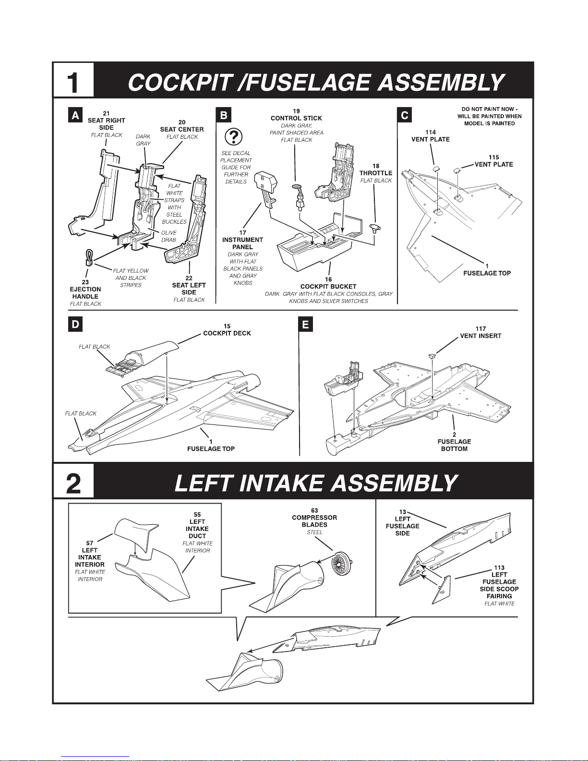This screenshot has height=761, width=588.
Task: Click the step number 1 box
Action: (x=73, y=80)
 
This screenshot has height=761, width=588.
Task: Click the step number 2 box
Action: (x=73, y=481)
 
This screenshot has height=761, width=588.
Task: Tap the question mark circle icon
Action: (x=233, y=136)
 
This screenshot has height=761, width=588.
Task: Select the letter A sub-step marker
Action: (x=75, y=115)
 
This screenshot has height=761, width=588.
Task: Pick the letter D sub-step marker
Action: (x=75, y=324)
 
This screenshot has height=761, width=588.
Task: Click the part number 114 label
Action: (x=431, y=133)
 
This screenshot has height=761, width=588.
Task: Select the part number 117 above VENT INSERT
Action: (x=480, y=328)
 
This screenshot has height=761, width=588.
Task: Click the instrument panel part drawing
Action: (x=265, y=190)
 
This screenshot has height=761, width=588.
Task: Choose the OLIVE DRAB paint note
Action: (x=168, y=236)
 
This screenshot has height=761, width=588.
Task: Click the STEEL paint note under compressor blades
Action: (x=314, y=532)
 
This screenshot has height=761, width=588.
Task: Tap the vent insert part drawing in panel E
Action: (x=432, y=356)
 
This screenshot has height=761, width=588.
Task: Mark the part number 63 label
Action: (x=314, y=510)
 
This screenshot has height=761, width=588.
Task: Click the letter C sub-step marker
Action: (x=405, y=115)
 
